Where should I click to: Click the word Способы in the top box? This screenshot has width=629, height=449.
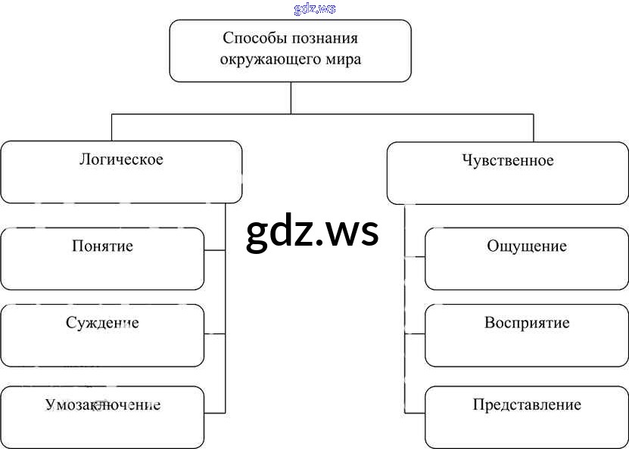pos(251,38)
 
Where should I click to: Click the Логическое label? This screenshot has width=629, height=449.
pos(121,159)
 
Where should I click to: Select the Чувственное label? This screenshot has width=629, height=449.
pos(507,160)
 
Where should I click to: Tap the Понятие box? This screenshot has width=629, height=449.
pos(102,259)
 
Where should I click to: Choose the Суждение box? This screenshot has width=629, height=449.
pos(102,335)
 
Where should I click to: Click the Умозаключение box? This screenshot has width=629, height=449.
pos(102,416)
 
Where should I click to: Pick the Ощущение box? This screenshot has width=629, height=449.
pos(527,259)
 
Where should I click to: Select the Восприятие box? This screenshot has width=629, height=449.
pos(527,335)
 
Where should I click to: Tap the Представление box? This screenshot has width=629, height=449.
pos(527,416)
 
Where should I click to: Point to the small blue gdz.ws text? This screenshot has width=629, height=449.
pos(314,9)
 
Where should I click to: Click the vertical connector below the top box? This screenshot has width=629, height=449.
pos(291,98)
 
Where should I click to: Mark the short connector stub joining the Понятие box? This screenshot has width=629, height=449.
pos(215,250)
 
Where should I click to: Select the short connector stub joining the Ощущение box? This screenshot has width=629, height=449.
pos(415,258)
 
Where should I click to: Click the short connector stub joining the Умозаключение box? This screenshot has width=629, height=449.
pos(215,412)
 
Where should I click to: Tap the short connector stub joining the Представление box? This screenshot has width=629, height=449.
pos(415,412)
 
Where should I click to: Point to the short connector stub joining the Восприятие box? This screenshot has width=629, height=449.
pos(415,334)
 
